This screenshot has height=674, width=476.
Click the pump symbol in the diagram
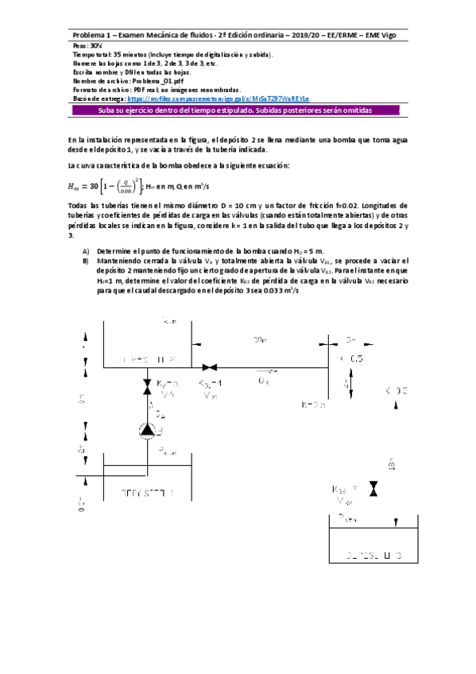(147, 430)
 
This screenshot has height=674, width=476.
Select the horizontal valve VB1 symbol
(211, 368)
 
